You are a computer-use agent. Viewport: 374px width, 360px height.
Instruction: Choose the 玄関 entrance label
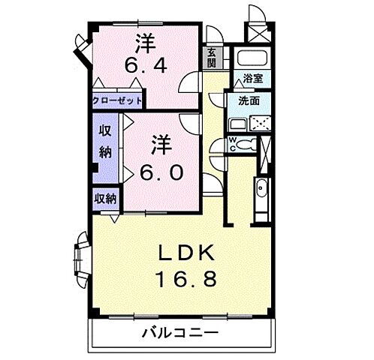tap(211, 57)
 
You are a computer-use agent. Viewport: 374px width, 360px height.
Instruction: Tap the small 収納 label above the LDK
tap(105, 199)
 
